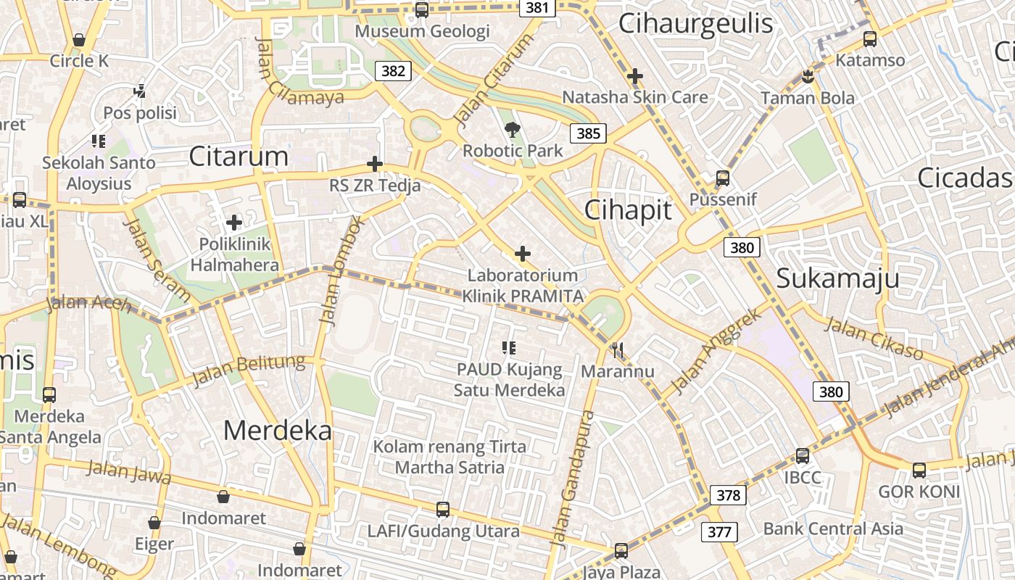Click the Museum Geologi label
(x=422, y=31)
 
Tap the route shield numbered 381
(x=537, y=7)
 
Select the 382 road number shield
(x=393, y=70)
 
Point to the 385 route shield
(x=588, y=133)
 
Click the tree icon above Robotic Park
(x=513, y=130)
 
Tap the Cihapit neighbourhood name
(x=628, y=210)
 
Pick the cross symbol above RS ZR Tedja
(x=375, y=164)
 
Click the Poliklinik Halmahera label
(x=234, y=254)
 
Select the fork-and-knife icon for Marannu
(x=618, y=351)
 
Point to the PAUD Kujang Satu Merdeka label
(x=509, y=379)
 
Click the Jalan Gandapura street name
(x=573, y=478)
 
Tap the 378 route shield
(x=728, y=495)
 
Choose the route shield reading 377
(x=719, y=532)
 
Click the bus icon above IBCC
(x=803, y=456)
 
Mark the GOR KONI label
(x=919, y=492)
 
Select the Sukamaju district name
(x=837, y=278)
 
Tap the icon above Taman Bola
(x=808, y=76)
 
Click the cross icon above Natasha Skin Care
(x=635, y=75)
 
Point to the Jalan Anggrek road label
(x=716, y=352)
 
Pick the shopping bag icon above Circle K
(x=79, y=40)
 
